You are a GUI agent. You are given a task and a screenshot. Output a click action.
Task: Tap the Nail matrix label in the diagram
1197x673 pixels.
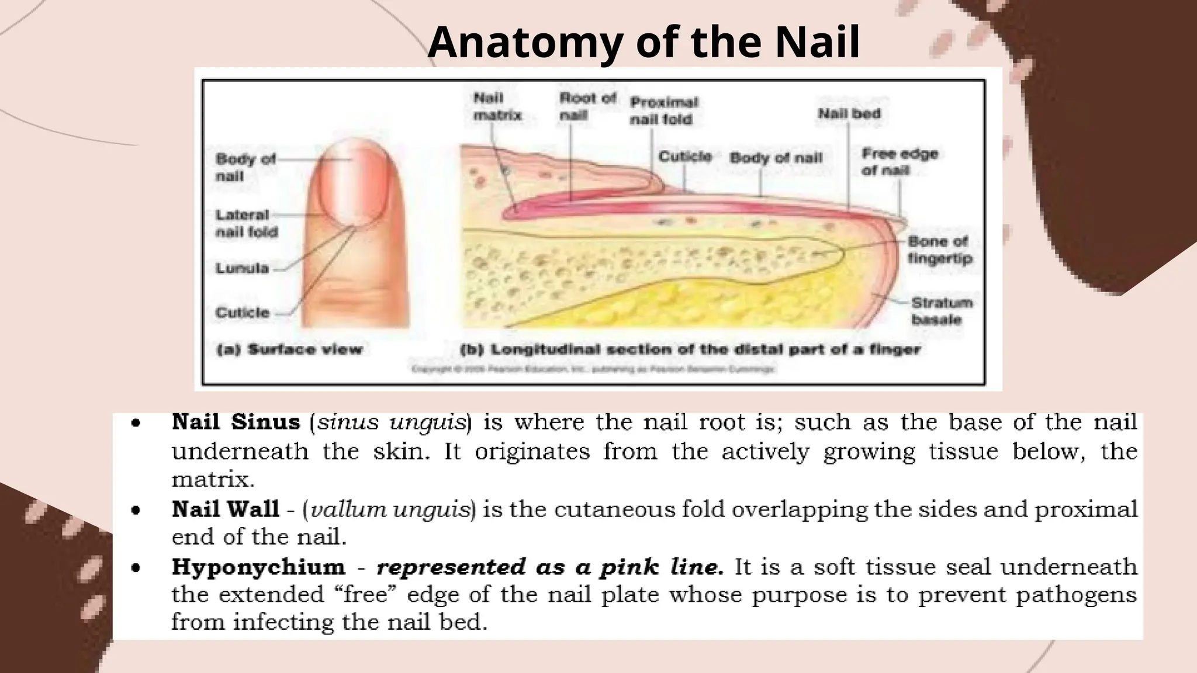(x=497, y=107)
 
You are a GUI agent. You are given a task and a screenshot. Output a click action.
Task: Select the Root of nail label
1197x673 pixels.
(x=587, y=107)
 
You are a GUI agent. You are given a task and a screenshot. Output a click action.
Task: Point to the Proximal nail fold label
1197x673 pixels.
(x=663, y=110)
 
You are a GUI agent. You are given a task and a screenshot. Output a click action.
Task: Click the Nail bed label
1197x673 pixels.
(x=849, y=114)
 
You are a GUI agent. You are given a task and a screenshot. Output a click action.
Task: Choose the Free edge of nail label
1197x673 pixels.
(x=900, y=162)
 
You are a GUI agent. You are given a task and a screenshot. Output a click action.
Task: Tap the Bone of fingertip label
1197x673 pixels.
(x=939, y=249)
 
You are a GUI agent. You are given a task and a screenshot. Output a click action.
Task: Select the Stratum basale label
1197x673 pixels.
(x=942, y=311)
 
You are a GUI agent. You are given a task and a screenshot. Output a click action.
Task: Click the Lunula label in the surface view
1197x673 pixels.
(x=242, y=269)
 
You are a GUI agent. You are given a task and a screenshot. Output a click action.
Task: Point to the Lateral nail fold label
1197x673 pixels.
(x=246, y=224)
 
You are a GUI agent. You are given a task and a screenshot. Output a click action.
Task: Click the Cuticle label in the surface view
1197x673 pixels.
(x=243, y=313)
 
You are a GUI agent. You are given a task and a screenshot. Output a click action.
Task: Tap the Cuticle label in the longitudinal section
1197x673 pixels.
(x=685, y=157)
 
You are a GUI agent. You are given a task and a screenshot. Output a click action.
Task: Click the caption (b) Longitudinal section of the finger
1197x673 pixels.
(x=690, y=350)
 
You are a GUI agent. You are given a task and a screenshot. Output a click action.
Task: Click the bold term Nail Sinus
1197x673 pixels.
(x=236, y=422)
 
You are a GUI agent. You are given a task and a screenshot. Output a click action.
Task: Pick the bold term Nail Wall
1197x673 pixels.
(x=226, y=509)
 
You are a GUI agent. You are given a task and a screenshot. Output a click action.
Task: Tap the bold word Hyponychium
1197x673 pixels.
(x=258, y=567)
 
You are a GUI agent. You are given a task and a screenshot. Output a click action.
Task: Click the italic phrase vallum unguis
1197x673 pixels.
(x=390, y=509)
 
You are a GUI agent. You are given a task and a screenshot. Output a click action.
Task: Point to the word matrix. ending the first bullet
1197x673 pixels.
(x=213, y=480)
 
